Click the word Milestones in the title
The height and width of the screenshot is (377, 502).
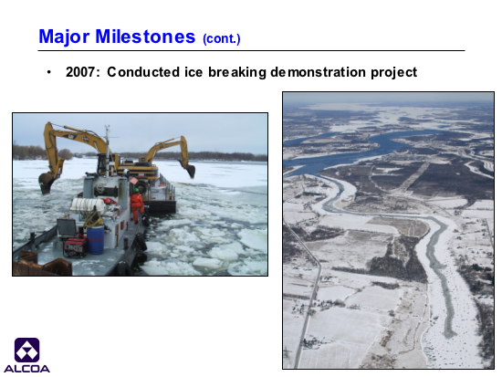(145, 37)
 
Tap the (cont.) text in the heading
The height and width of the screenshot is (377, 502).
(222, 38)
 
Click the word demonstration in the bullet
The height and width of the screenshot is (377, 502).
(318, 72)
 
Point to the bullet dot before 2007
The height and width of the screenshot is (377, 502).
(48, 72)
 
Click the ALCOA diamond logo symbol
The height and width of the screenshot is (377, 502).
(26, 351)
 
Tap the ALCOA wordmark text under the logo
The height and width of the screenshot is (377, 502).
(26, 369)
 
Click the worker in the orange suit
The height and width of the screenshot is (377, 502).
(136, 205)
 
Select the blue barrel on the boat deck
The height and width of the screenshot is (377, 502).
(96, 239)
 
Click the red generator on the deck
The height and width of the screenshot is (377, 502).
(75, 246)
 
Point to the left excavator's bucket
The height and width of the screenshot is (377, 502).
(47, 183)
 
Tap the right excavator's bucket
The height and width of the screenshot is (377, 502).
(189, 170)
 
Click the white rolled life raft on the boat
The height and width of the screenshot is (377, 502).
(88, 205)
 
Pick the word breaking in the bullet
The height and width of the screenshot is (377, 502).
(237, 73)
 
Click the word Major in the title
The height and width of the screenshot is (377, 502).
(64, 37)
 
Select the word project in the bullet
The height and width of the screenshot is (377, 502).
(393, 73)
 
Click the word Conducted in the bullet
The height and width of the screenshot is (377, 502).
(143, 72)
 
